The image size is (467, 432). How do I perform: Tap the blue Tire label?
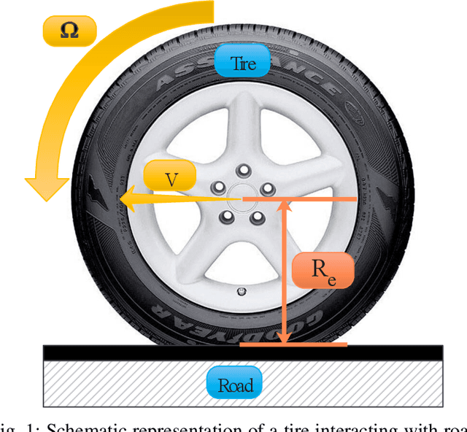[243, 63]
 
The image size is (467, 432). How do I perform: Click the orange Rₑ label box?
[322, 270]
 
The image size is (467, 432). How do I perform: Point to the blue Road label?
[235, 385]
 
